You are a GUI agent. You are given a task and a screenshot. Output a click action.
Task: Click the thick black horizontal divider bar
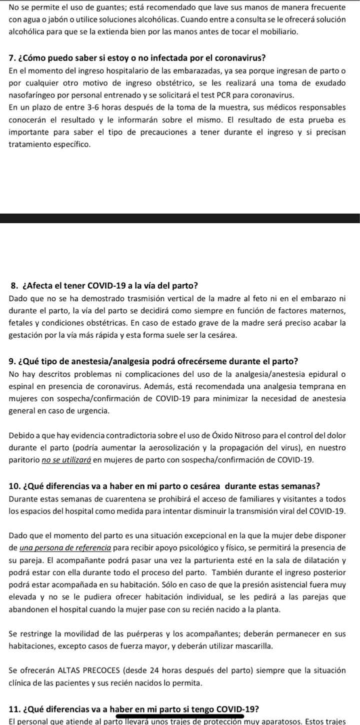[x=180, y=218]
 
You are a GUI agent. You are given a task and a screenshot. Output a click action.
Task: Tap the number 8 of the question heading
[x=13, y=286]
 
